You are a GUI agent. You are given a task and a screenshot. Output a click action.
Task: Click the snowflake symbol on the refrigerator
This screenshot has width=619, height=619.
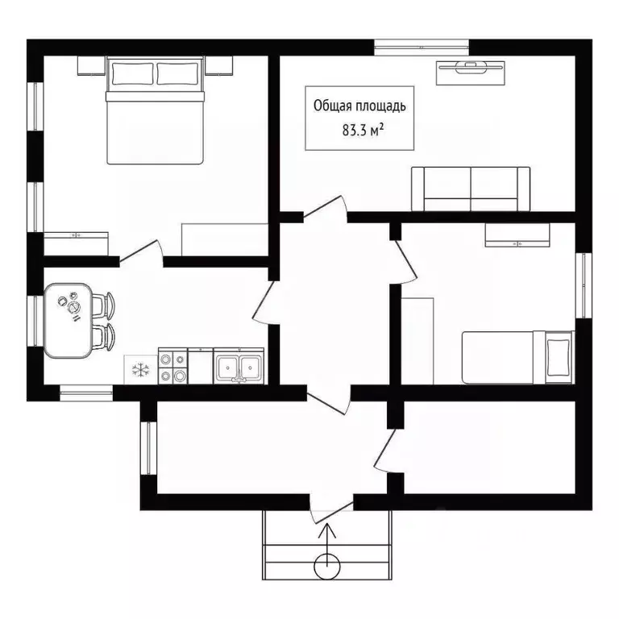click(140, 370)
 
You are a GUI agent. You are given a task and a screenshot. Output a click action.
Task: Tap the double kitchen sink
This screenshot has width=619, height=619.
click(239, 366)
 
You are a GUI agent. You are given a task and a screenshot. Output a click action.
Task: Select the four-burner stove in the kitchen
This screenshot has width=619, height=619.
click(173, 366)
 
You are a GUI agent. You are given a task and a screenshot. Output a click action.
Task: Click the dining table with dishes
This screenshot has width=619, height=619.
click(69, 321)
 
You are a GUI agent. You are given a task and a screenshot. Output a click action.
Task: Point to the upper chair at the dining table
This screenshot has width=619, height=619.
click(104, 305)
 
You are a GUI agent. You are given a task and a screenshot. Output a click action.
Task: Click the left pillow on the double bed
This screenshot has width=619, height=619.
click(133, 73)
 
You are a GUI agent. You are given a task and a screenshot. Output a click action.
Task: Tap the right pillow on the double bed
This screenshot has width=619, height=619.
click(177, 73)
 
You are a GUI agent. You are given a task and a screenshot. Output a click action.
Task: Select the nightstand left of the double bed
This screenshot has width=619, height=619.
click(92, 66)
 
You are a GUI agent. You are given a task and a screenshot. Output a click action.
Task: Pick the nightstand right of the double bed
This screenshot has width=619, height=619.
click(218, 66)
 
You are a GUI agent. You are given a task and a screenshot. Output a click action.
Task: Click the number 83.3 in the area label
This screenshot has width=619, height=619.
click(355, 131)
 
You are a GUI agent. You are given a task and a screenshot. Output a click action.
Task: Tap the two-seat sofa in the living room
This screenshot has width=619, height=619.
click(471, 189)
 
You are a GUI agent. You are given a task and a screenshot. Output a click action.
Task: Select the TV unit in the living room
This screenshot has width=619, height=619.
click(470, 73)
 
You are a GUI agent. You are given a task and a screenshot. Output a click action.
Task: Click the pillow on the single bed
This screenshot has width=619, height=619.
click(559, 358)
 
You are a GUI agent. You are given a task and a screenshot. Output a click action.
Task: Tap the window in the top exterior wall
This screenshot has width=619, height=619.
click(422, 48)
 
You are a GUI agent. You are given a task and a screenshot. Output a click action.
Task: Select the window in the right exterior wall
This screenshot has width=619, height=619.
click(584, 285)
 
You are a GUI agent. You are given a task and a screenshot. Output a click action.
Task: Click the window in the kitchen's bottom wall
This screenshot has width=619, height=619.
click(86, 393)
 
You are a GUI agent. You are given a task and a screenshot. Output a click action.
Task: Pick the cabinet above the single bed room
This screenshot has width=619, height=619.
click(517, 235)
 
